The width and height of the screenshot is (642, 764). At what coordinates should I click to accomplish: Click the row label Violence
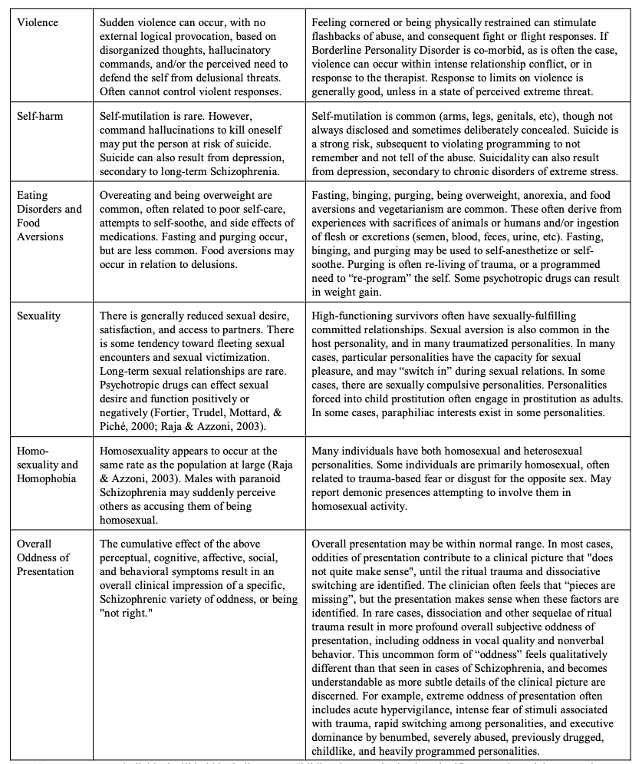click(x=36, y=22)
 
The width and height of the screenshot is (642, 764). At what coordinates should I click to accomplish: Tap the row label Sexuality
click(x=38, y=316)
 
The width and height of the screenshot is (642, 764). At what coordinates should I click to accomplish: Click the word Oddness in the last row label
click(x=36, y=557)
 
